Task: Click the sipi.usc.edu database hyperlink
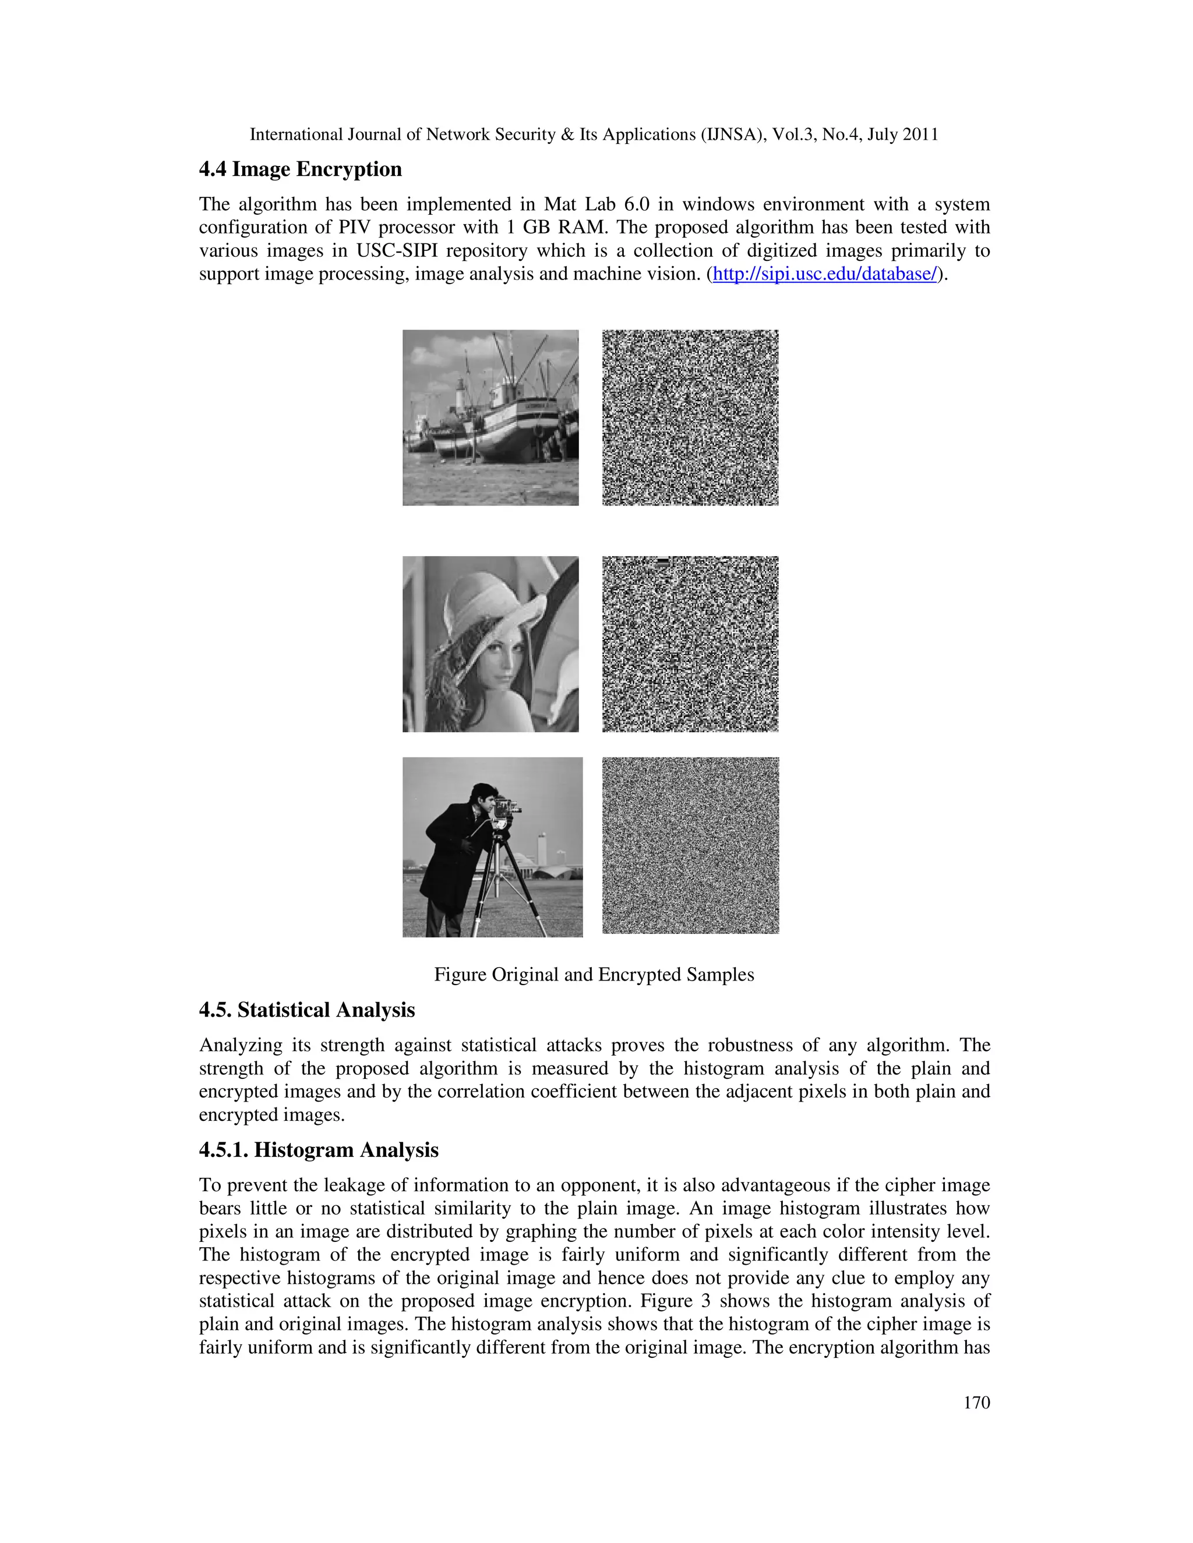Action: tap(824, 274)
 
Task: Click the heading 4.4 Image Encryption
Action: tap(301, 169)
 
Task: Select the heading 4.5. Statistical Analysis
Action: tap(307, 1010)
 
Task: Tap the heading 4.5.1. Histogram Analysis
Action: tap(319, 1150)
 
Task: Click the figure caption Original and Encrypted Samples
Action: tap(594, 975)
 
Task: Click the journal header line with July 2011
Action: tap(594, 135)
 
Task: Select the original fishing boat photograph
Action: tap(490, 417)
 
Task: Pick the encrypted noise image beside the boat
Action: tap(690, 417)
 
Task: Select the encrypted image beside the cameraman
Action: tap(690, 845)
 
